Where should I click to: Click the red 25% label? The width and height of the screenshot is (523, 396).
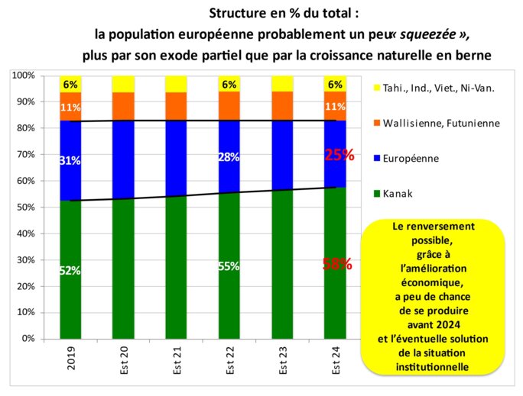pos(339,155)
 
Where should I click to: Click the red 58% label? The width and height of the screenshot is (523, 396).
pos(337,265)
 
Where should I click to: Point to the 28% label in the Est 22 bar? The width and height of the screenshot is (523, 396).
pos(229,157)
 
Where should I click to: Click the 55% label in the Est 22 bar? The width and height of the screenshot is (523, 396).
pos(229,266)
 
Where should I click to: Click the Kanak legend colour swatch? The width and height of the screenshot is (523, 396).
pos(371,194)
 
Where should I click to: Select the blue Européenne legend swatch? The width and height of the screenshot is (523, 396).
pos(371,159)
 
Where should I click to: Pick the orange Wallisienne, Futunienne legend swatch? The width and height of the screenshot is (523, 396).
pos(371,123)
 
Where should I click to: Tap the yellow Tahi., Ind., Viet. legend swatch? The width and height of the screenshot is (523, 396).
pos(371,87)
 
